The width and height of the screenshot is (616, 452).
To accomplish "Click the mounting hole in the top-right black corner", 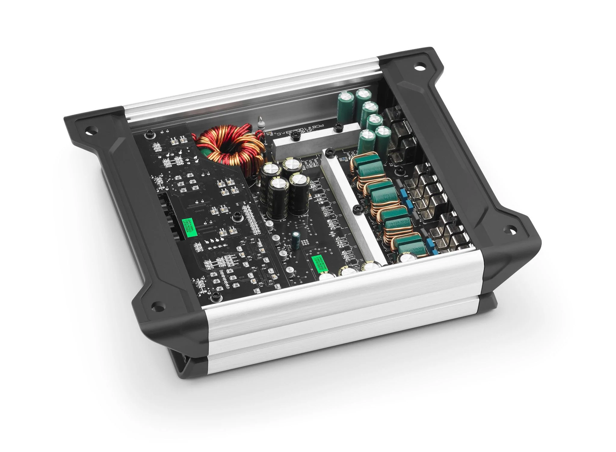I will pos(419,66).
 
